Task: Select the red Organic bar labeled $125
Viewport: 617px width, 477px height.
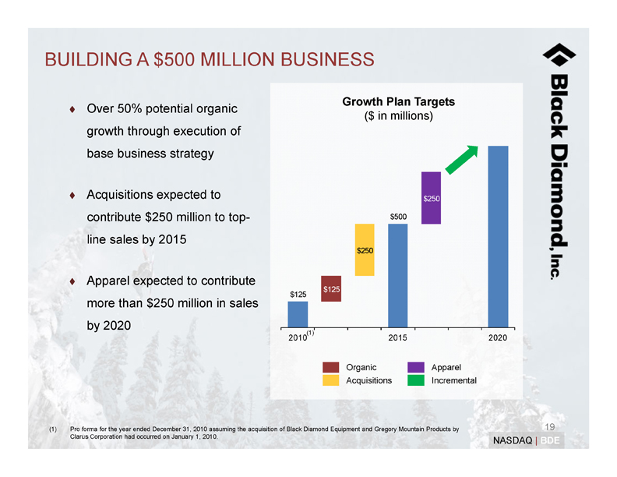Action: click(x=331, y=288)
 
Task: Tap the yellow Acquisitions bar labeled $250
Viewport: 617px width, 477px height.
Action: click(x=365, y=249)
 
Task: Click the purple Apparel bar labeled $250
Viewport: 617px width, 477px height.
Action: click(x=432, y=198)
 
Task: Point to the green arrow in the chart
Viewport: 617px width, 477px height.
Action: click(x=460, y=161)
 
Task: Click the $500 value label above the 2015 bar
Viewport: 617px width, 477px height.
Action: click(x=398, y=216)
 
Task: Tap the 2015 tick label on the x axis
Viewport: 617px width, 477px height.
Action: click(x=397, y=337)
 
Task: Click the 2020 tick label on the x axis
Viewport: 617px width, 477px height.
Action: click(x=498, y=337)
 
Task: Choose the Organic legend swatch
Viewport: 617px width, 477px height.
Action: click(x=330, y=367)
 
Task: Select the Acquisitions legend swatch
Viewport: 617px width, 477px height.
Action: click(x=330, y=380)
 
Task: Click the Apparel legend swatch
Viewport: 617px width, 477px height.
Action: click(x=415, y=367)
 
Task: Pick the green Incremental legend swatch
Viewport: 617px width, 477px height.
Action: click(x=415, y=380)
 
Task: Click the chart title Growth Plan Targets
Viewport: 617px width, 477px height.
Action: click(x=398, y=102)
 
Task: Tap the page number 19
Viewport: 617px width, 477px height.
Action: click(x=549, y=426)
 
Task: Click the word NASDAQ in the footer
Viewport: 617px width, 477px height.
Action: click(x=511, y=441)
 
